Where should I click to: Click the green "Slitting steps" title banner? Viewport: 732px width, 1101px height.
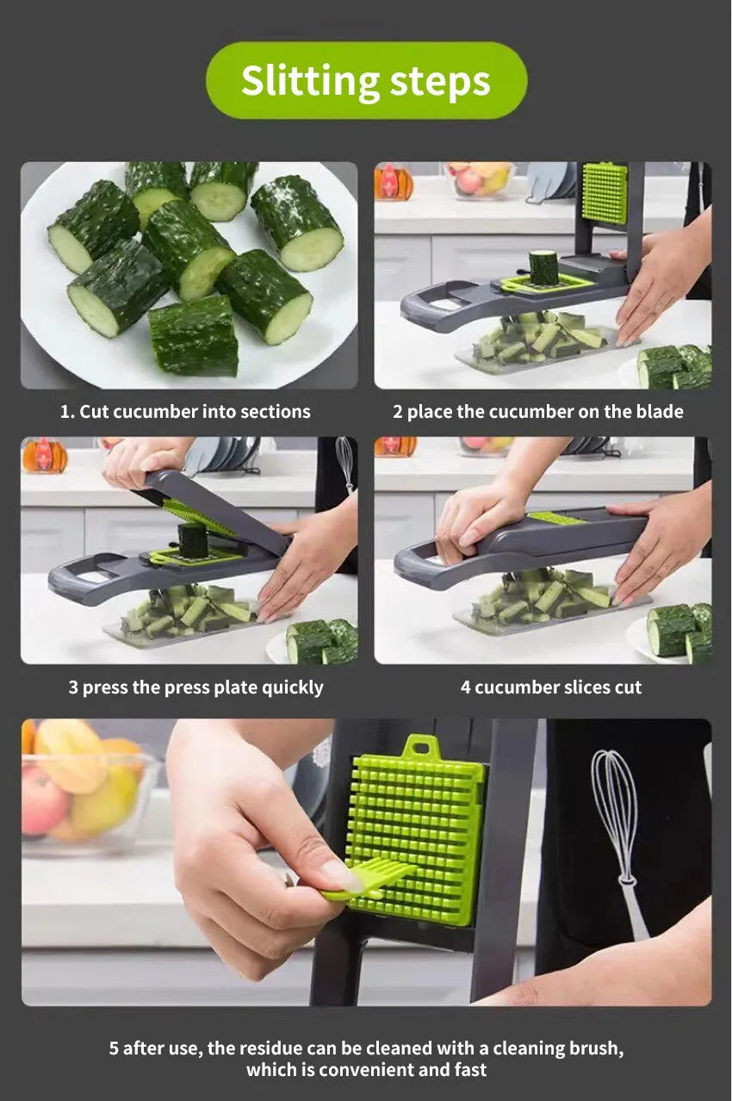coord(366,81)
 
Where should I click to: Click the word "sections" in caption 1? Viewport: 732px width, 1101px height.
coord(274,412)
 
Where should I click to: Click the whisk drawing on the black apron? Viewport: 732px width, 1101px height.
coord(620,836)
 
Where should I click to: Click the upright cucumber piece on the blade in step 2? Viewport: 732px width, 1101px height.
coord(543,267)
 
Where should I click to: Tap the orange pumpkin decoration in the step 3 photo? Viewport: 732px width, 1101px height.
coord(45,456)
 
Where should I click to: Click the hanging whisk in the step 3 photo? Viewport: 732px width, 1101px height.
coord(344,461)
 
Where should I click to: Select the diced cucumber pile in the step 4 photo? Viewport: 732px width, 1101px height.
coord(543,596)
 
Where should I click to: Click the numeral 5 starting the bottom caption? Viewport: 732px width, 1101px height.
coord(114,1048)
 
